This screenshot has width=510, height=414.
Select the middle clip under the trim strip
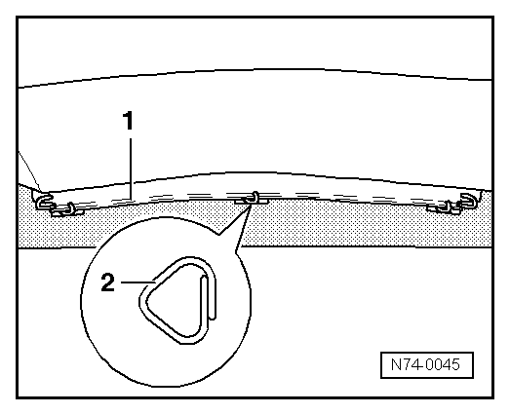253,199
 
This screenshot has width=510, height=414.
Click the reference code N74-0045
424,365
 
